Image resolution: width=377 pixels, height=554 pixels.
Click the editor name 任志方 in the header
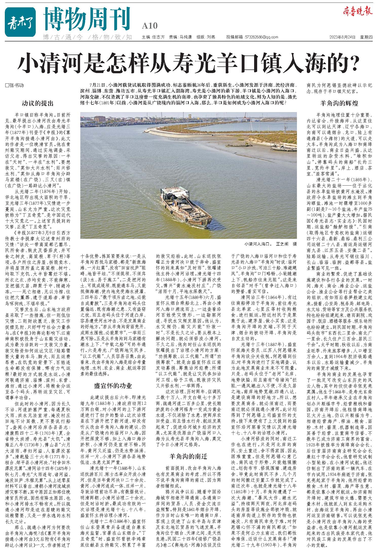point(158,37)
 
